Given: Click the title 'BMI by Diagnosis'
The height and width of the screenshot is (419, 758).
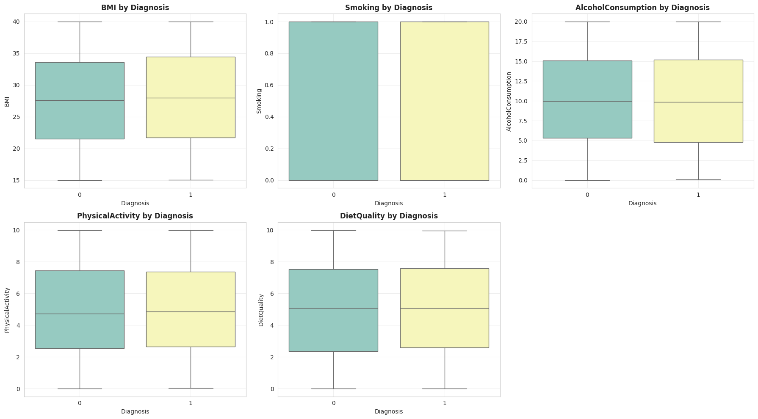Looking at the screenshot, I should pos(135,8).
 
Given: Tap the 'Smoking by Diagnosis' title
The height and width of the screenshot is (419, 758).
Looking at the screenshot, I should pos(388,8).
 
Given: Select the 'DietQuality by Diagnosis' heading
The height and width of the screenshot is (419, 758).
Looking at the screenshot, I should pos(388,216).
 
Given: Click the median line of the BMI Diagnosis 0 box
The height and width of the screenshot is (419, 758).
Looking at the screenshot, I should pos(80,100).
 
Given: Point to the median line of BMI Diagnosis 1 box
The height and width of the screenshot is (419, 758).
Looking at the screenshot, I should pos(191,98).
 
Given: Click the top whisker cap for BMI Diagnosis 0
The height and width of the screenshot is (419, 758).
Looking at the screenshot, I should pos(80,22).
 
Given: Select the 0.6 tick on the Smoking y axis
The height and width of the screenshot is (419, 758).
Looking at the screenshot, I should pos(268,85).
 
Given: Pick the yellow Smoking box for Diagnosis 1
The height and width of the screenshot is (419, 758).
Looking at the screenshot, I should pos(444,101).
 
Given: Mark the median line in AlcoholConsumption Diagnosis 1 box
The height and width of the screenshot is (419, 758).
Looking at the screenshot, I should pos(698,102).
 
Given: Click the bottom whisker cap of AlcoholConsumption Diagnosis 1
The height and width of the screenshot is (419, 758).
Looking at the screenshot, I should pos(698,179).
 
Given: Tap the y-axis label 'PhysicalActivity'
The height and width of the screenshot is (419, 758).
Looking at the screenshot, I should pos(7,310).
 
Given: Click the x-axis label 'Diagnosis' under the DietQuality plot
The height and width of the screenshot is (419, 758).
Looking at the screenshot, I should pos(388,411).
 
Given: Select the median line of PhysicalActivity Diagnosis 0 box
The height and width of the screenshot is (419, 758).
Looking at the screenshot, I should pos(80,314).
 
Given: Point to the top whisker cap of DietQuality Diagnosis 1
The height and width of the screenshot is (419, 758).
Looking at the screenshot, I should pos(444,231).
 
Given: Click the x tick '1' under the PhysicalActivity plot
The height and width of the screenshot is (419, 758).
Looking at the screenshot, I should pos(191,403).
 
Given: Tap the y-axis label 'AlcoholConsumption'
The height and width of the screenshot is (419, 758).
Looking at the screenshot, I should pos(509,101).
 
